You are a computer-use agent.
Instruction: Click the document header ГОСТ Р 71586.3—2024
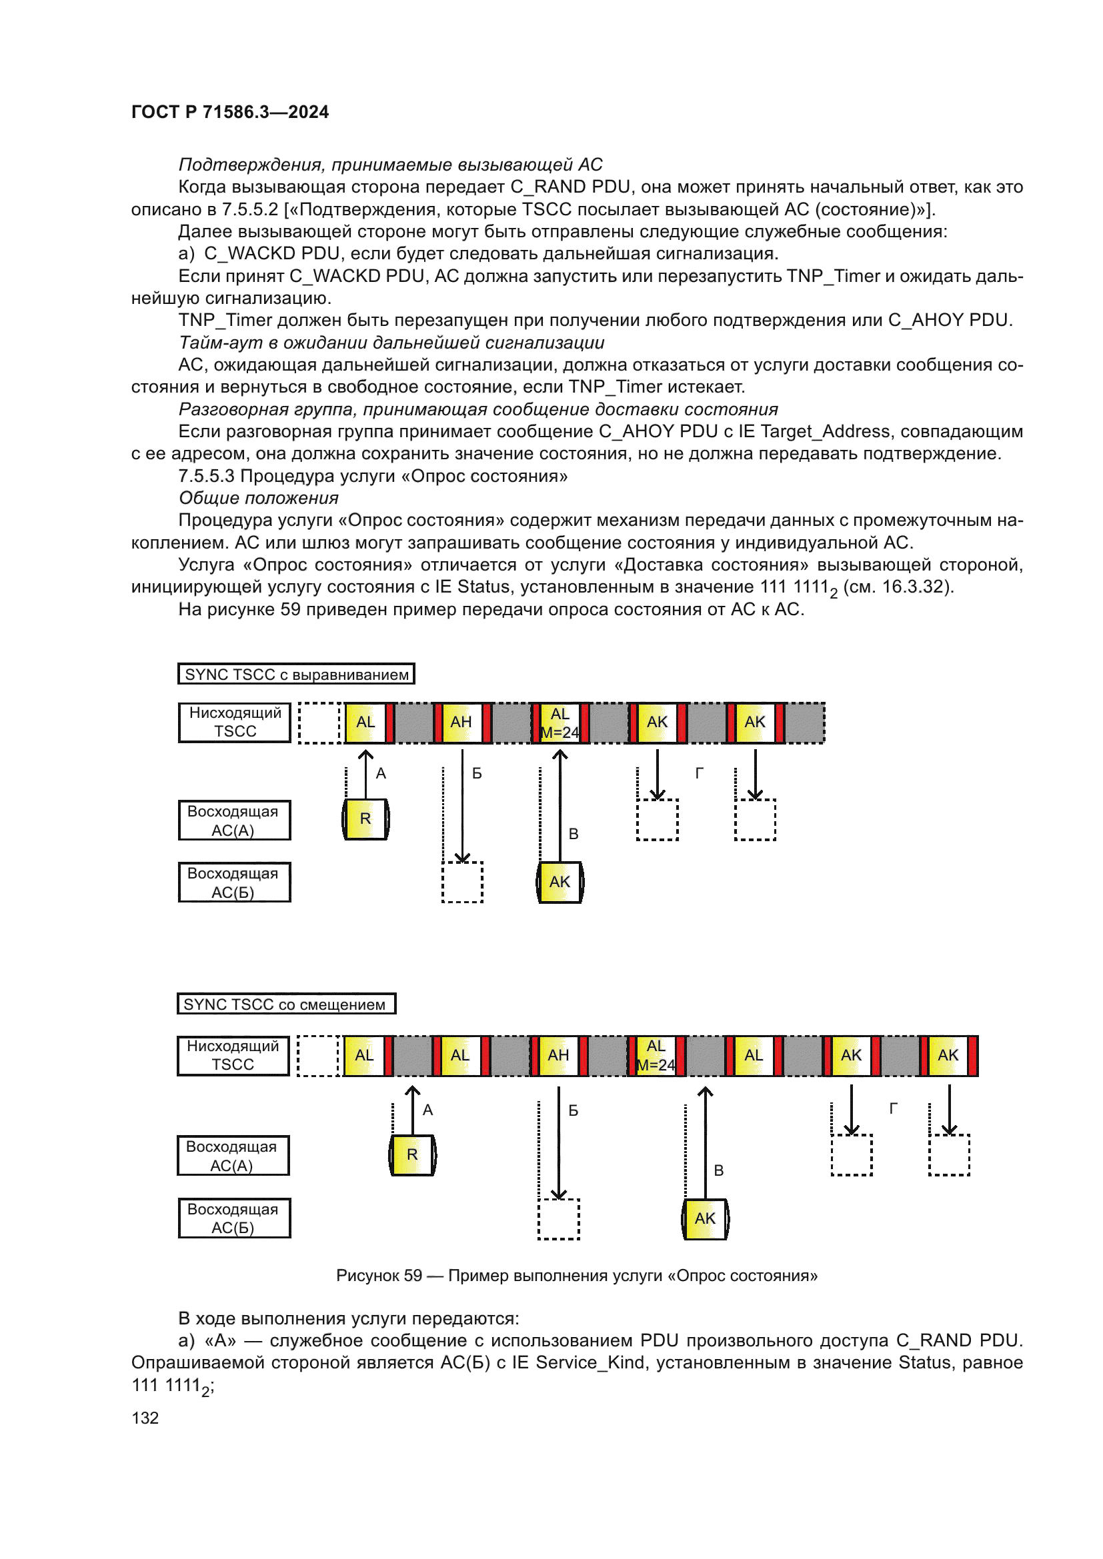coord(229,112)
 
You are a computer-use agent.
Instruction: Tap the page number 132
coord(145,1418)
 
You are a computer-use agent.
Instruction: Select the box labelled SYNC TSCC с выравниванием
coord(296,675)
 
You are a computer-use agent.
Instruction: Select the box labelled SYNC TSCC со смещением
coord(286,1004)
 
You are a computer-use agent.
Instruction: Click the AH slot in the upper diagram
coord(461,723)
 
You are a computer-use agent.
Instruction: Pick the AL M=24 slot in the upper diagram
coord(560,723)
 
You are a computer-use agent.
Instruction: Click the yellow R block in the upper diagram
coord(365,820)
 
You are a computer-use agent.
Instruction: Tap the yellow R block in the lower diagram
coord(412,1155)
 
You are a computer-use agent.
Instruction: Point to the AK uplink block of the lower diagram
coord(705,1219)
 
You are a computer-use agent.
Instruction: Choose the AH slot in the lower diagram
coord(558,1056)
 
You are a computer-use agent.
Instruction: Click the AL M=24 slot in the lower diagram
coord(656,1056)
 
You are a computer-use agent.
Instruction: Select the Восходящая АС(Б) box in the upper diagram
coord(234,882)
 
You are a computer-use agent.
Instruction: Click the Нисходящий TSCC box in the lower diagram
coord(233,1056)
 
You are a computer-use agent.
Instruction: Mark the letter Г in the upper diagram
coord(700,773)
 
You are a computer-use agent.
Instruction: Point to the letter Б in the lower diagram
coord(574,1111)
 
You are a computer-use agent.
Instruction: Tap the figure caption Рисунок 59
coord(576,1276)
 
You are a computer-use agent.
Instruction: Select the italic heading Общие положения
coord(258,499)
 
